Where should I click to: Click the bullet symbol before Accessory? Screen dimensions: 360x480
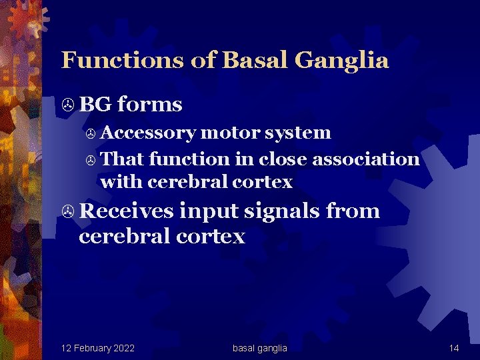[91, 133]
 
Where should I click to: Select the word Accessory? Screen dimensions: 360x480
[148, 133]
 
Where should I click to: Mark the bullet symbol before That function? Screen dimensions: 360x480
[91, 160]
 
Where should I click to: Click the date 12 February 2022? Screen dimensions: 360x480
[97, 348]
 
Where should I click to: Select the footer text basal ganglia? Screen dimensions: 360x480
[260, 348]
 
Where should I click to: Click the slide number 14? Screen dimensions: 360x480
[454, 348]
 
